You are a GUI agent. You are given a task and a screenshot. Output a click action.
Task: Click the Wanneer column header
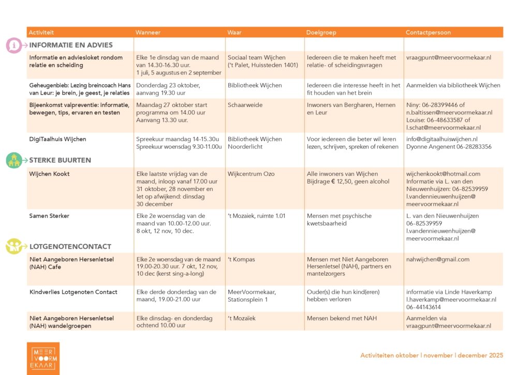[148, 33]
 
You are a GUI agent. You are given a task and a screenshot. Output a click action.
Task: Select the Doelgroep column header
[321, 33]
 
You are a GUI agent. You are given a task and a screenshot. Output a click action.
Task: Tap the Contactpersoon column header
[428, 33]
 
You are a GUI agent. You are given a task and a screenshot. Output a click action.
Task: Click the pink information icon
[14, 46]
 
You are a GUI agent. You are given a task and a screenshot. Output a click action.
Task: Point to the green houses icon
[14, 160]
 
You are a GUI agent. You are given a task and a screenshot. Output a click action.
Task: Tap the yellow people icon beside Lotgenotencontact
[14, 246]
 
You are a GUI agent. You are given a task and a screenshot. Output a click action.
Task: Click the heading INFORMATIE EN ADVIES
[71, 45]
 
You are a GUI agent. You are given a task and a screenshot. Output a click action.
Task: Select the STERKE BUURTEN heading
[60, 160]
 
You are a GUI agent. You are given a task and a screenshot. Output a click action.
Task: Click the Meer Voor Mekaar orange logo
[43, 358]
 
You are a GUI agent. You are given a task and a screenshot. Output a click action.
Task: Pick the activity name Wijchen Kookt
[50, 174]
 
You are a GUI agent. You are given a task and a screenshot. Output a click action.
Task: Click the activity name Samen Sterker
[49, 216]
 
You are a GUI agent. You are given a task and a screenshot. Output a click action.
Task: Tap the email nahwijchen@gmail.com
[438, 259]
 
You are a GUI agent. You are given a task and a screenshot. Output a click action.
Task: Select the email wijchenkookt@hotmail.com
[443, 174]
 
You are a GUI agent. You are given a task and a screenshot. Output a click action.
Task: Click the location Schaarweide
[245, 104]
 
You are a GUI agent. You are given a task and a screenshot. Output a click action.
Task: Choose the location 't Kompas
[241, 259]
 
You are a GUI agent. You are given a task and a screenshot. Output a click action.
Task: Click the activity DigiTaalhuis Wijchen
[57, 139]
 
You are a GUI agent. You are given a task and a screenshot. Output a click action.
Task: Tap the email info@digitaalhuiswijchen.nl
[442, 139]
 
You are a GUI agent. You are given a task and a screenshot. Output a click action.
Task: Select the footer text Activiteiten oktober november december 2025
[432, 355]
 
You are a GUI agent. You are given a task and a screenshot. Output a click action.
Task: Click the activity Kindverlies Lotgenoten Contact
[73, 292]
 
